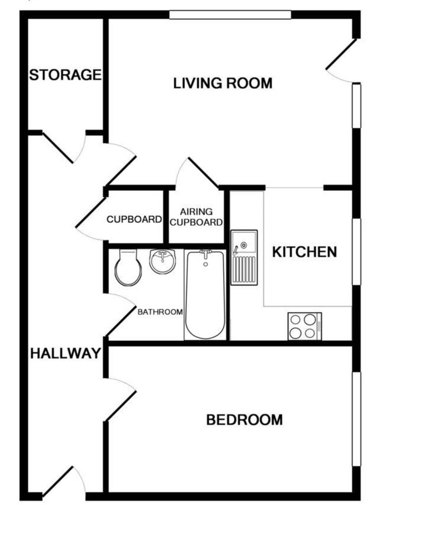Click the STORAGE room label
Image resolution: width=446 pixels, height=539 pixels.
65,75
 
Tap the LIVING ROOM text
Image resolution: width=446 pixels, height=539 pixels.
223,83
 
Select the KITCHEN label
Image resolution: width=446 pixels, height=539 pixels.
305,252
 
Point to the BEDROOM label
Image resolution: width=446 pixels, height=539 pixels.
244,420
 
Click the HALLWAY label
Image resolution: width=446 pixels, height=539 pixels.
65,354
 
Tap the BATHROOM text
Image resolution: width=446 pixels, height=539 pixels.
160,312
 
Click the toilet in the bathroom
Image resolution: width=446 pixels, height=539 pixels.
128,268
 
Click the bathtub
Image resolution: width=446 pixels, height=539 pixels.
205,295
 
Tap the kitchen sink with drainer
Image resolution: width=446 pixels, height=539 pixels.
244,257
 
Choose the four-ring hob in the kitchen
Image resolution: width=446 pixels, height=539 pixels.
305,326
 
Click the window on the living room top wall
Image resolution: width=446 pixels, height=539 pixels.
230,15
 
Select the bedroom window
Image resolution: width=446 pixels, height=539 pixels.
356,419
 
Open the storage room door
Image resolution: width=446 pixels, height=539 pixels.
58,148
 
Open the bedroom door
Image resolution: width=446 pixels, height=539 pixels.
120,400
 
